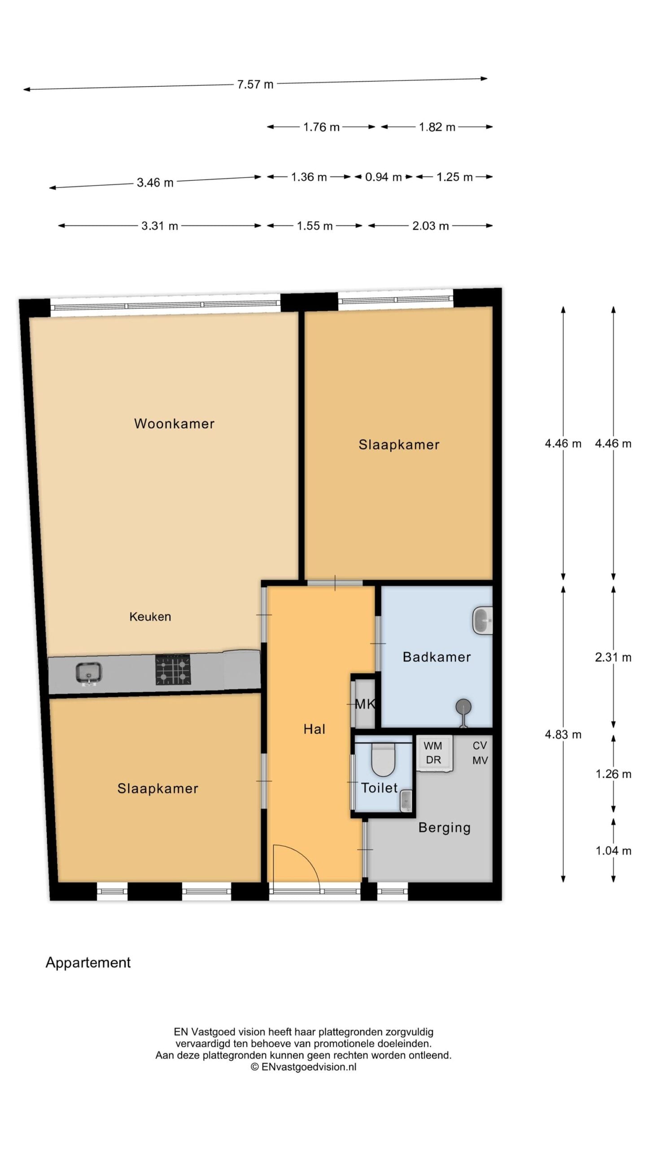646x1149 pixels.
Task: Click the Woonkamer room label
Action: tap(174, 424)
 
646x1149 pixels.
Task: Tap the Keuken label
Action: tap(150, 617)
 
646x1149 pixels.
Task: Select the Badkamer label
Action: tap(436, 657)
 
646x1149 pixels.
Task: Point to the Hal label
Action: tap(314, 729)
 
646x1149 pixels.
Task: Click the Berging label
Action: tap(444, 828)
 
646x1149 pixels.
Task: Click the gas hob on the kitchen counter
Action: tap(173, 670)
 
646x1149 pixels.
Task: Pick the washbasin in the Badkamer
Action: tap(482, 620)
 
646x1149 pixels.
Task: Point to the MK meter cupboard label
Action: tap(365, 704)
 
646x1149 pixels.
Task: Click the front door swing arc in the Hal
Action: tap(303, 859)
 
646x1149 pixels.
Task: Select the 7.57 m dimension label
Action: tap(255, 84)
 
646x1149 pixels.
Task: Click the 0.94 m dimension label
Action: tap(383, 177)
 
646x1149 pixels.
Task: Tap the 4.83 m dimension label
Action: tap(563, 735)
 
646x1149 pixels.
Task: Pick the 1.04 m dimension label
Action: tap(613, 851)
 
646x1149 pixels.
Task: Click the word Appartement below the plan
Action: tap(88, 962)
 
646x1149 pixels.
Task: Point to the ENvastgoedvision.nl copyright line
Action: tap(303, 1067)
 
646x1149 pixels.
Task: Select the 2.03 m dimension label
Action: tap(431, 226)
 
